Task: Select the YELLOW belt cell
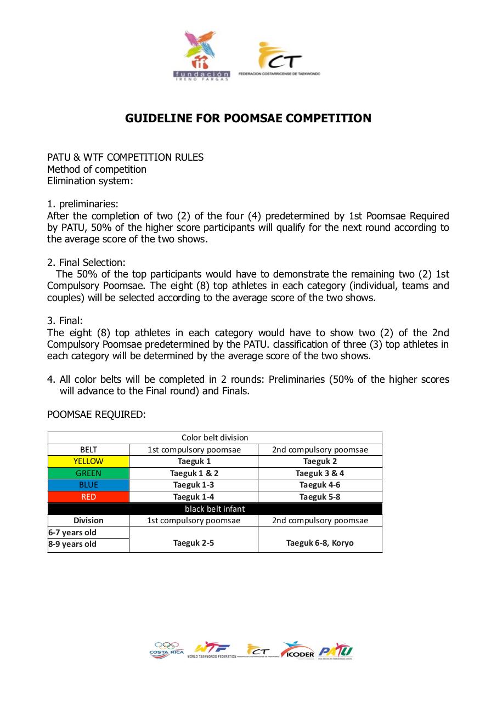(88, 461)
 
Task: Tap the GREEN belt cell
(88, 473)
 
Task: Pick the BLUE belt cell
(88, 485)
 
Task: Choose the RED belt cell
(88, 497)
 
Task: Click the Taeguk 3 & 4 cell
(320, 473)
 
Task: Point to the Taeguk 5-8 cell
(320, 497)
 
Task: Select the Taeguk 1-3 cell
(194, 485)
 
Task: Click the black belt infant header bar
(214, 508)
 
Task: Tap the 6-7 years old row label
(72, 533)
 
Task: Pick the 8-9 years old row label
(72, 544)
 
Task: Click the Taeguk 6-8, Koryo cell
(320, 543)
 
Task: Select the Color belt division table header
(214, 438)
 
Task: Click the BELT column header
(88, 450)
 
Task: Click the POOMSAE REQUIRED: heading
(97, 415)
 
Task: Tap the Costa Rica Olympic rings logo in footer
(167, 650)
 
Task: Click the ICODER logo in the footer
(297, 650)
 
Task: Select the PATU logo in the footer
(335, 651)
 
